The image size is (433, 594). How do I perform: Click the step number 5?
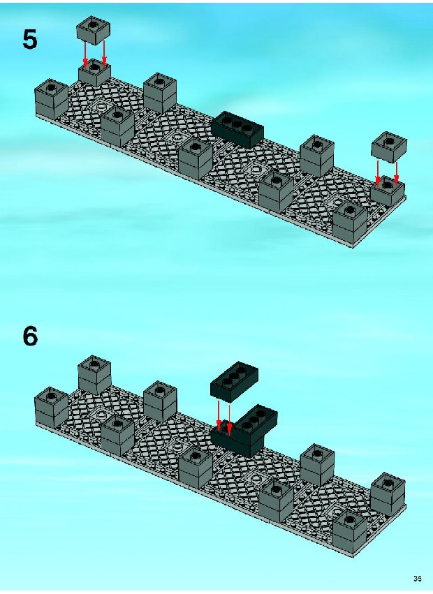tap(30, 39)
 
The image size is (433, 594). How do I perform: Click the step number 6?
tap(30, 336)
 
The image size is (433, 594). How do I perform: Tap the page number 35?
tap(418, 579)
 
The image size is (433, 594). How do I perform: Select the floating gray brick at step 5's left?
tap(93, 30)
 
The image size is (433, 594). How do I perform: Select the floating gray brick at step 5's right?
tap(389, 147)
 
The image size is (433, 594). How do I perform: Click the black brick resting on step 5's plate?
tap(237, 130)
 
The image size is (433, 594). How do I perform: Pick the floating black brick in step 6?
tap(235, 382)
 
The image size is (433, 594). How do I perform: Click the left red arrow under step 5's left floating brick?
tap(85, 56)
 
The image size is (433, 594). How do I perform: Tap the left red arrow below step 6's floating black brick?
tap(219, 416)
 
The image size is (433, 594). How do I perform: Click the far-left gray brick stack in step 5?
tap(51, 99)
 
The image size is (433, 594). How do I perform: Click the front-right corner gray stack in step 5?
tap(351, 223)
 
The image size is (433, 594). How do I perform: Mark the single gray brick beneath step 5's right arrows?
tap(388, 191)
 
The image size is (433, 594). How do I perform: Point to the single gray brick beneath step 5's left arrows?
tap(94, 74)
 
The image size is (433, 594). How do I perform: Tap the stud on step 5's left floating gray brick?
tap(92, 24)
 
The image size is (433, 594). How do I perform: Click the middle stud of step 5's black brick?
tap(237, 123)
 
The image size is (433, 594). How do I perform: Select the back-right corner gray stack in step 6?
tap(388, 494)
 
